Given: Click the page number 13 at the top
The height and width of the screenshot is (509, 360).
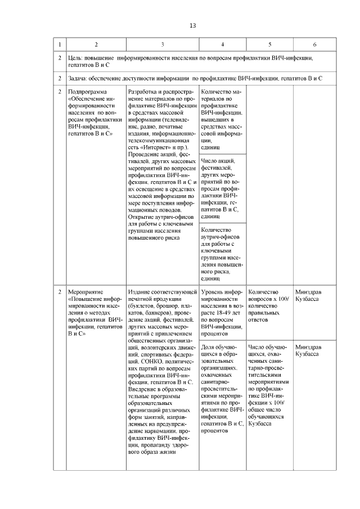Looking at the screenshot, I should click(x=193, y=26).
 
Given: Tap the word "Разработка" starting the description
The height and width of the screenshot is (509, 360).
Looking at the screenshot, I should click(x=143, y=91).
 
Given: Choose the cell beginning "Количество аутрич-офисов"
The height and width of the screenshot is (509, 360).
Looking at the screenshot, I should click(x=222, y=253).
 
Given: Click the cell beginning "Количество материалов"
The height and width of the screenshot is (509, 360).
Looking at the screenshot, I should click(x=222, y=120).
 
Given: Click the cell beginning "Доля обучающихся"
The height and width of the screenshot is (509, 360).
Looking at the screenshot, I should click(x=222, y=388).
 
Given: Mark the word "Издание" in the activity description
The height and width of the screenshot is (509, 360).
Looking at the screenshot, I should click(x=139, y=292).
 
